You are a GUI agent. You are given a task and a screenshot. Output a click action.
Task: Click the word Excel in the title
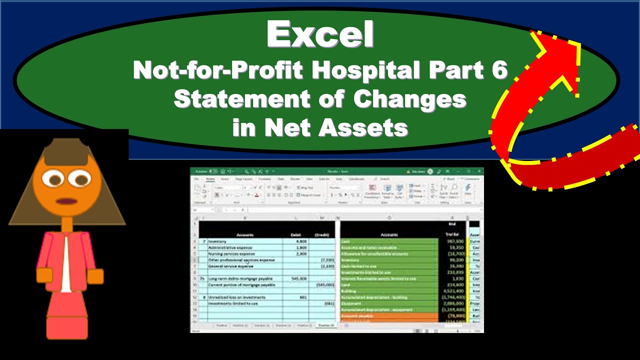(320, 35)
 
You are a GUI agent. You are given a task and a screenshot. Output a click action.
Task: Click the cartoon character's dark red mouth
(66, 201)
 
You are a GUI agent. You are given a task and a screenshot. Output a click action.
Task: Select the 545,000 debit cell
(297, 278)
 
